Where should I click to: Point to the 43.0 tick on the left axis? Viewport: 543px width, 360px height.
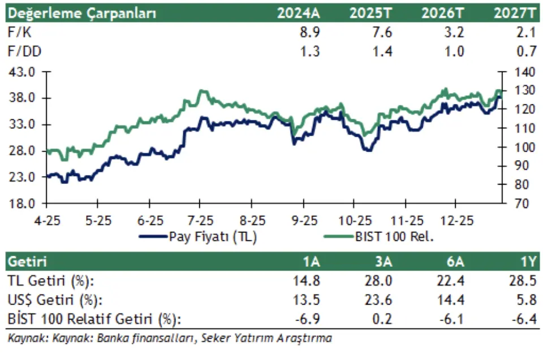coord(23,72)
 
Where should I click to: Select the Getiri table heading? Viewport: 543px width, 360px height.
coord(27,263)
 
